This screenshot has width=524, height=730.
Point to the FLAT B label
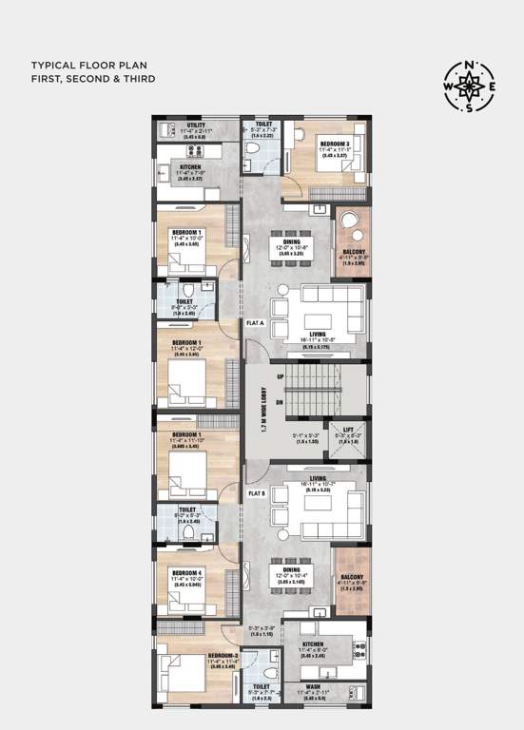pyautogui.click(x=256, y=493)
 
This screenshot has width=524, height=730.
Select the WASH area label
pyautogui.click(x=314, y=686)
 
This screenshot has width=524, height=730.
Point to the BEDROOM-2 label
pyautogui.click(x=223, y=656)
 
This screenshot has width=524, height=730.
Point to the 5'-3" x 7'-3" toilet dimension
pyautogui.click(x=263, y=131)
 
